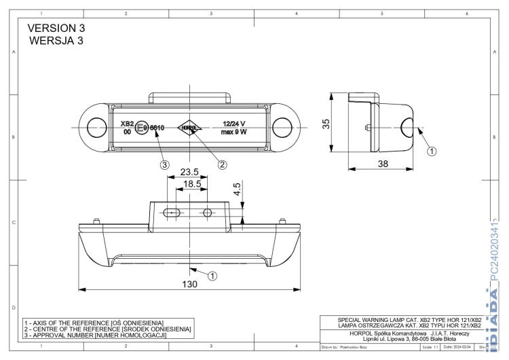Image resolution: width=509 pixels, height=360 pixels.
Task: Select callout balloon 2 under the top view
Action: pyautogui.click(x=221, y=164)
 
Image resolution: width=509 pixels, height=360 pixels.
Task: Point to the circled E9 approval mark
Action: pyautogui.click(x=142, y=127)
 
